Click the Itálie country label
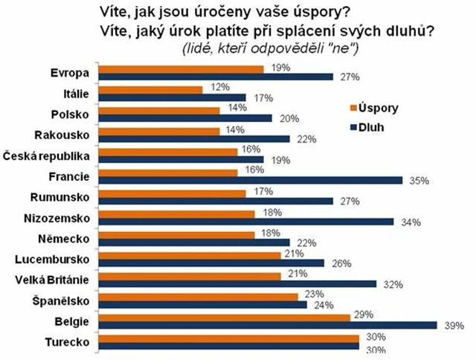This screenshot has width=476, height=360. tap(77, 93)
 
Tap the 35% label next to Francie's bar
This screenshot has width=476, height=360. tap(421, 181)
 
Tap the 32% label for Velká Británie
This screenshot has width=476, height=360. tap(395, 284)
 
